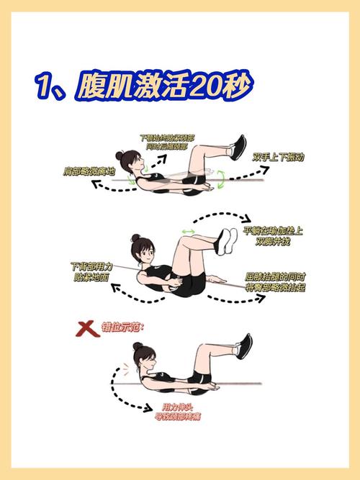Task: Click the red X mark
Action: click(87, 330)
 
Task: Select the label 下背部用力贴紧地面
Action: click(91, 270)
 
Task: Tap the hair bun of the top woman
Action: click(120, 154)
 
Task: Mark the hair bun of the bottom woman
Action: click(137, 346)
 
